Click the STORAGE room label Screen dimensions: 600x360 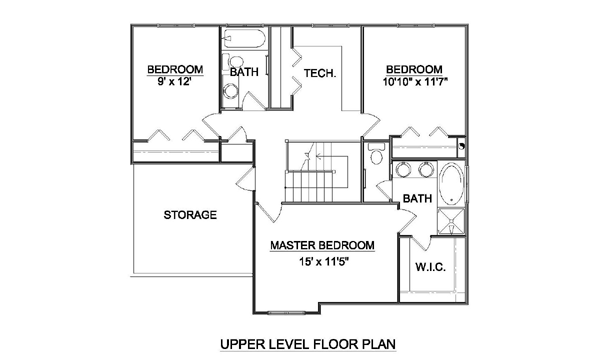190,215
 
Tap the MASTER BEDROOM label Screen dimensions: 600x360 322,245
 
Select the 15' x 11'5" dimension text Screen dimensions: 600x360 325,262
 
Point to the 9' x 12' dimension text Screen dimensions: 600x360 174,81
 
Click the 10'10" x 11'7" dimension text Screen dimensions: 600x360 415,81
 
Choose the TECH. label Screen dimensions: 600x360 320,73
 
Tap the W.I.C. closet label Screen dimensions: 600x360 430,267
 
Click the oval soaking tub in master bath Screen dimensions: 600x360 452,185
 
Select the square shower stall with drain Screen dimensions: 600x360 451,221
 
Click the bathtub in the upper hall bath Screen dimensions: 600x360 244,38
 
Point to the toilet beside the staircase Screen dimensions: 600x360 376,154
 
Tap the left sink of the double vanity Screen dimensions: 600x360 402,169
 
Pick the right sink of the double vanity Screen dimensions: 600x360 425,169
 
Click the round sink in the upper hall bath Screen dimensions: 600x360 231,91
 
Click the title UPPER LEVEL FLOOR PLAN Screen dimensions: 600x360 308,344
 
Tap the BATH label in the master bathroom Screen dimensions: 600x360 417,199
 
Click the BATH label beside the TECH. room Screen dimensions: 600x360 244,72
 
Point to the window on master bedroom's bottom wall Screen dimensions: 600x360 286,313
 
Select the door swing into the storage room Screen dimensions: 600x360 245,178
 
